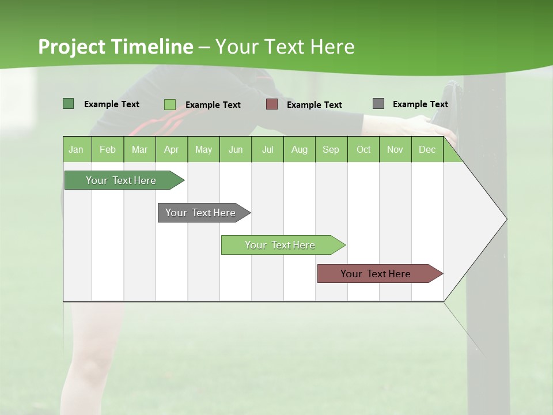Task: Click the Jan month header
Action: click(x=77, y=149)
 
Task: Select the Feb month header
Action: click(x=108, y=149)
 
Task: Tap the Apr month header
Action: click(x=172, y=149)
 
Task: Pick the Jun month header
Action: click(x=236, y=149)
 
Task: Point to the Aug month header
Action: click(x=300, y=149)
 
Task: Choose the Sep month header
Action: click(x=331, y=149)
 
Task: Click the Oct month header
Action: click(x=363, y=149)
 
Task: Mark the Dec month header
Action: click(x=427, y=149)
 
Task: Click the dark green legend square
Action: click(x=68, y=104)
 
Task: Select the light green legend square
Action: click(x=169, y=104)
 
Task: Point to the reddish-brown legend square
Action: click(x=272, y=104)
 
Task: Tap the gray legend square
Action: click(x=378, y=104)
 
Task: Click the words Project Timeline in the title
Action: click(x=116, y=47)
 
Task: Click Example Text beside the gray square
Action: click(x=420, y=104)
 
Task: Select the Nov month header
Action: click(x=395, y=149)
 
